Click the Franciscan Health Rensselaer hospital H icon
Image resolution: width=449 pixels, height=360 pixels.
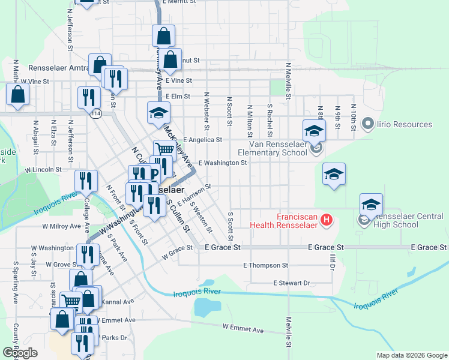(x=327, y=220)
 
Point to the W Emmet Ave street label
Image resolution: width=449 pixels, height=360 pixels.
(x=243, y=329)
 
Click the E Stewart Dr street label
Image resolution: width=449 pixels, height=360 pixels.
(x=291, y=283)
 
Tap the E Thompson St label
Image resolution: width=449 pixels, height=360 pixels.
(x=266, y=265)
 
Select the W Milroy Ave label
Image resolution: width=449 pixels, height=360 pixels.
(x=61, y=227)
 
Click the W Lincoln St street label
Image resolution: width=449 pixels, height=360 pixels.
(x=43, y=170)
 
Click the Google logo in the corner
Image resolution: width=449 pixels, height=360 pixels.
(x=20, y=353)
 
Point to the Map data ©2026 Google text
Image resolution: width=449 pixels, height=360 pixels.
(x=412, y=355)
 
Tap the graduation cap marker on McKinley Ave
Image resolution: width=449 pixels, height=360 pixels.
(x=158, y=112)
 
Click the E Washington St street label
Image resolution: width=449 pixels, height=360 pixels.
(x=222, y=163)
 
